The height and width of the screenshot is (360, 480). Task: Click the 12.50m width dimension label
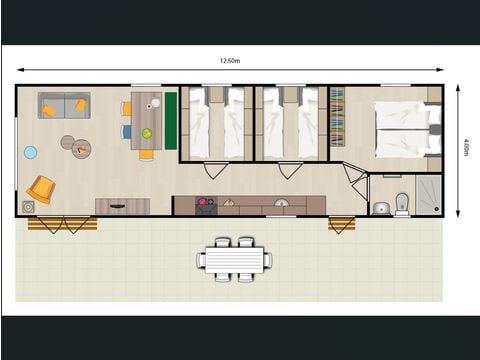coord(232,62)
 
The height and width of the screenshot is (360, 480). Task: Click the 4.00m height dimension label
coord(465,148)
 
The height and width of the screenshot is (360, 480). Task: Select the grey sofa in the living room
coord(64,105)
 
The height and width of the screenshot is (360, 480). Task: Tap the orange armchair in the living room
coord(41,187)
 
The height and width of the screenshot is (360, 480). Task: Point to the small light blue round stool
coord(30,152)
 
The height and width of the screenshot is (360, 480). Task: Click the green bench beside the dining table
coord(170,121)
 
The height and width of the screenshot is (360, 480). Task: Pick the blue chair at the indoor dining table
coord(127,131)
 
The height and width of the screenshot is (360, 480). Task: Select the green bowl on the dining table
coord(147,133)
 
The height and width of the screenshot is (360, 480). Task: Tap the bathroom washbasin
coord(380,208)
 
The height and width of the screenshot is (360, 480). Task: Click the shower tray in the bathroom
coord(427,195)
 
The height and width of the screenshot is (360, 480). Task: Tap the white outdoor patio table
coord(233,259)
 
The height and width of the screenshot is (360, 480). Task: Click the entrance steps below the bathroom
coord(342,224)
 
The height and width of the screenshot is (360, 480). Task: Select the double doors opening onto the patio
coord(62,223)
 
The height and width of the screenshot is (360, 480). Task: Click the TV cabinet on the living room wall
coord(122,206)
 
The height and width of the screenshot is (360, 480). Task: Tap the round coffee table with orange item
coord(80,149)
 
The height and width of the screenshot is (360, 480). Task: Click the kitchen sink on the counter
coord(283,205)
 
